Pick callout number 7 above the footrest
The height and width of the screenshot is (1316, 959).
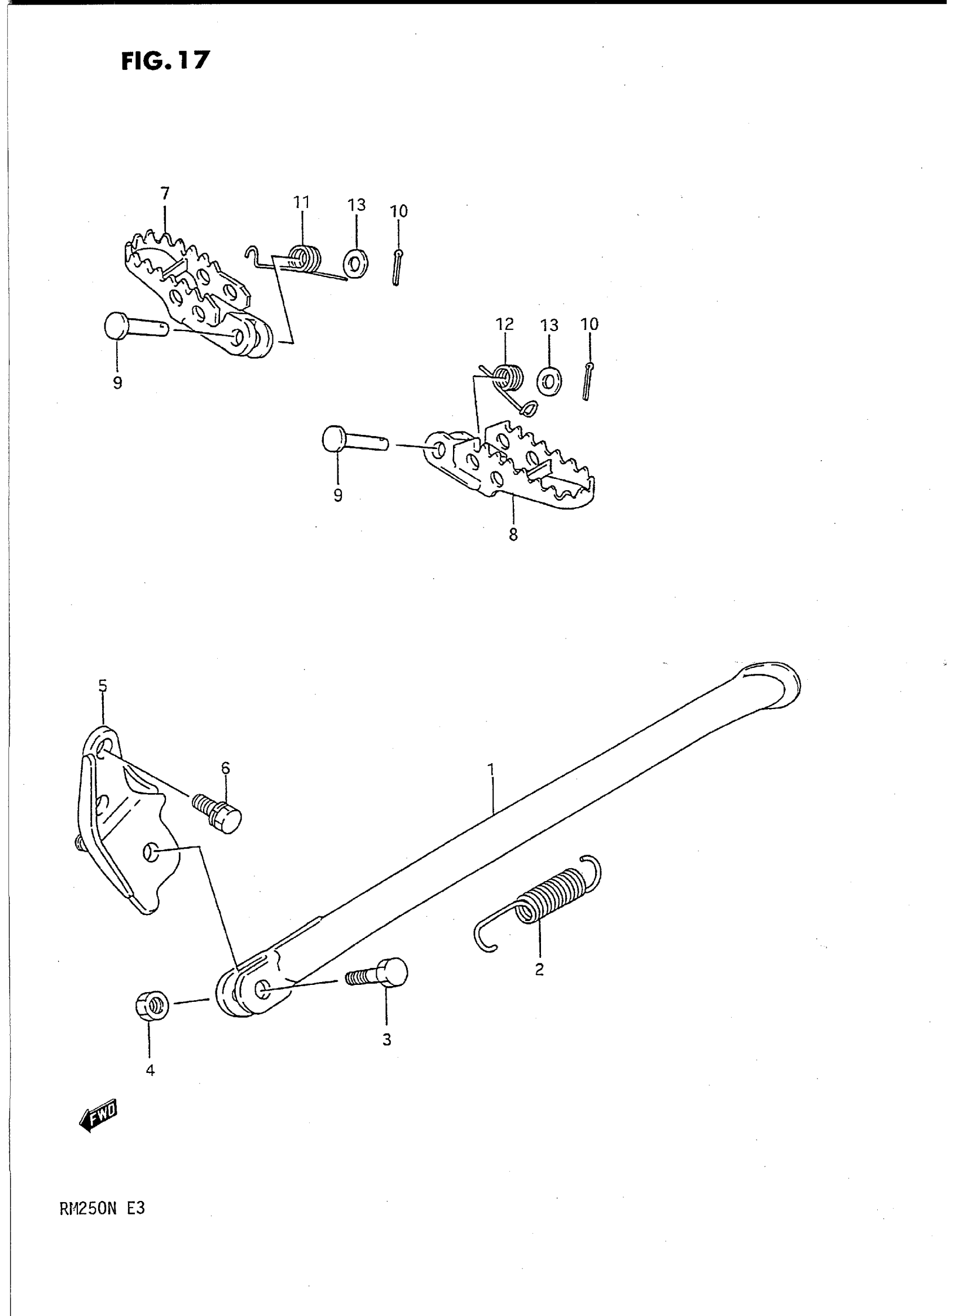pyautogui.click(x=165, y=193)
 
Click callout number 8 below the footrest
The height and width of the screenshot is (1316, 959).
pyautogui.click(x=513, y=534)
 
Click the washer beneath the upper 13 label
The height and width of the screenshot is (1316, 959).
pyautogui.click(x=355, y=263)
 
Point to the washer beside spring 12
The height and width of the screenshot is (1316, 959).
pyautogui.click(x=549, y=381)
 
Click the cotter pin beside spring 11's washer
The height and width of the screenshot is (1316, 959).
pyautogui.click(x=397, y=266)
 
